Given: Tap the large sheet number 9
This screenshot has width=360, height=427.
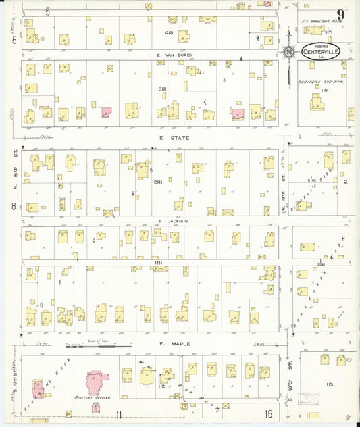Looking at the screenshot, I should click(342, 15).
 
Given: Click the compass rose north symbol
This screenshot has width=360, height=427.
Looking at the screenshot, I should click(289, 51).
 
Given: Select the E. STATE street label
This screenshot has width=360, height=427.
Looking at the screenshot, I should click(161, 138).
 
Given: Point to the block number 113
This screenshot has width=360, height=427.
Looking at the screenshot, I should click(329, 384).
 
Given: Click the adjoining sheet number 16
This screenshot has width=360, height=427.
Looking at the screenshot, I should click(268, 414).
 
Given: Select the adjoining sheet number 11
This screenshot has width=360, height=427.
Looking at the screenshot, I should click(119, 414).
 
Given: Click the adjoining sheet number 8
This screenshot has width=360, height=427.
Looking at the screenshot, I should click(13, 205).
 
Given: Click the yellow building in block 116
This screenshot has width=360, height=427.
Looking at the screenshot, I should click(316, 103).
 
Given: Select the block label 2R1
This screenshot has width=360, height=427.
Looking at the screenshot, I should click(157, 182).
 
